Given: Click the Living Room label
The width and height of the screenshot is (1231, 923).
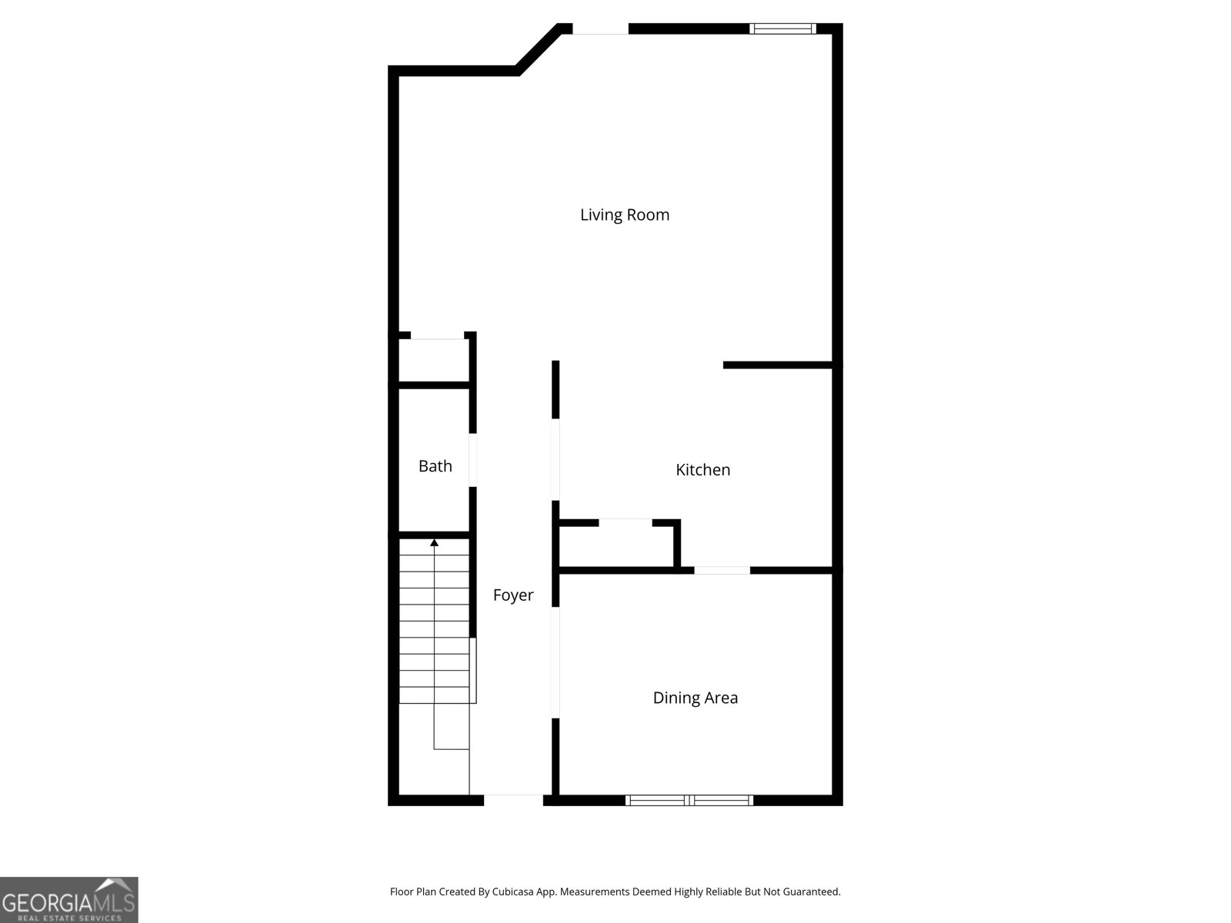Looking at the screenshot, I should click(x=625, y=215).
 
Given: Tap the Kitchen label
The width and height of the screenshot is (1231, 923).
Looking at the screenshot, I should click(x=702, y=469).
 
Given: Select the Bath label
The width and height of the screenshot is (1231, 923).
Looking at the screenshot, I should click(x=435, y=465).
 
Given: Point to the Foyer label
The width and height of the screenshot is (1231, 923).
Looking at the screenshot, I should click(x=513, y=595).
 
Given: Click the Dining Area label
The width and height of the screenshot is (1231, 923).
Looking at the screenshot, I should click(x=695, y=698).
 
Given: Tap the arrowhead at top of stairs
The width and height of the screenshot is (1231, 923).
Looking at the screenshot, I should click(x=434, y=543).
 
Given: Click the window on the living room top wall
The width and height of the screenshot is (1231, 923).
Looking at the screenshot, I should click(x=782, y=29).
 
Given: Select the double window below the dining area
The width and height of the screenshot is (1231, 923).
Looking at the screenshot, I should click(x=689, y=800).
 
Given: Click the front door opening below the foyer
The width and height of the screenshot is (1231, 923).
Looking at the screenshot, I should click(x=513, y=800).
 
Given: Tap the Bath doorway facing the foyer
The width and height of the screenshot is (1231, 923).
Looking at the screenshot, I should click(x=473, y=460).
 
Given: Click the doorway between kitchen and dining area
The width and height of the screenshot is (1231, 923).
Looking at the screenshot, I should click(x=722, y=570).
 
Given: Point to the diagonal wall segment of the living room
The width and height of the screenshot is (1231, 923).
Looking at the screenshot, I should click(x=539, y=49).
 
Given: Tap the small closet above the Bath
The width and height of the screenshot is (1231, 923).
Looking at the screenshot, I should click(x=434, y=359).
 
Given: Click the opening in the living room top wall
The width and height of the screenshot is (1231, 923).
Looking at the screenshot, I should click(x=600, y=29).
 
